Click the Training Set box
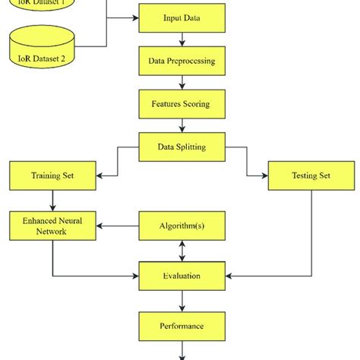click(52, 176)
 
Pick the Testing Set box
click(311, 176)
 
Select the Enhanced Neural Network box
click(52, 225)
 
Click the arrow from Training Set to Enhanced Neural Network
click(52, 201)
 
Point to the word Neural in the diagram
click(71, 219)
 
